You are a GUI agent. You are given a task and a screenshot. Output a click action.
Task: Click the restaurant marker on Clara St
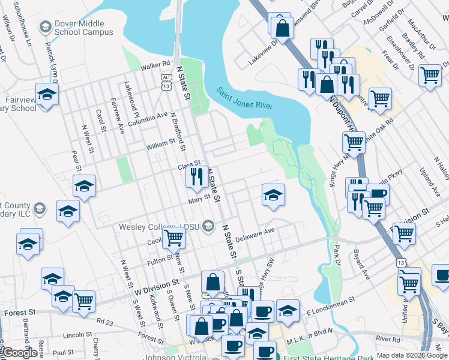[x=196, y=176]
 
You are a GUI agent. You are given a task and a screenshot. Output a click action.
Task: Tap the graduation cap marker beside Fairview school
[x=47, y=94]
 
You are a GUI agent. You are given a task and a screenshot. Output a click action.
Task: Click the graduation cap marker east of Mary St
[x=273, y=195]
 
